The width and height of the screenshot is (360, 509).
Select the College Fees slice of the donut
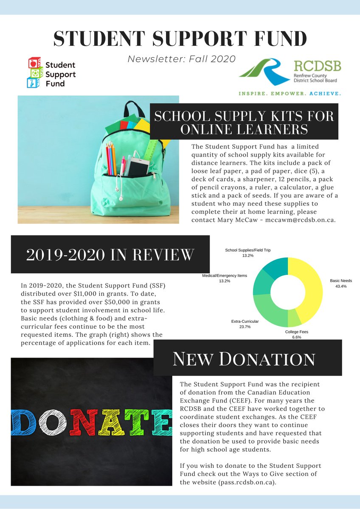coord(294,318)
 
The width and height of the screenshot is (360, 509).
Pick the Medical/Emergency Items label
coord(224,276)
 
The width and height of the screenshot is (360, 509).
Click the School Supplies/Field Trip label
coord(247,250)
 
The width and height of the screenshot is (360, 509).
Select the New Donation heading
coord(244,359)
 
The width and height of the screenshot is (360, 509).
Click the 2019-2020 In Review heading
coord(110,255)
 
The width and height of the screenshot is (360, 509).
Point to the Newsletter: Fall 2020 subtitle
coord(181,59)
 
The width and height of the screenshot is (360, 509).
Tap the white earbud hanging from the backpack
coord(121,198)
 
